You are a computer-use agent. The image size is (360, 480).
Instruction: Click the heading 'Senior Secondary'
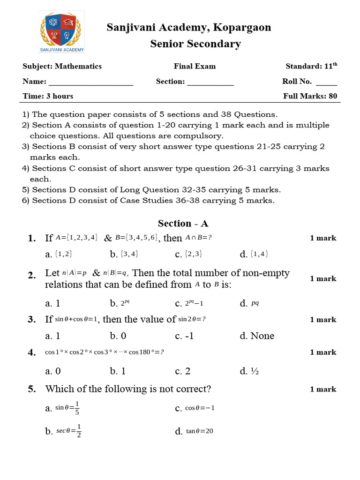point(195,44)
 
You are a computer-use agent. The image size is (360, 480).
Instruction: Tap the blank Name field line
point(91,83)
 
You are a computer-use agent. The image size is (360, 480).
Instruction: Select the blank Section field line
point(210,83)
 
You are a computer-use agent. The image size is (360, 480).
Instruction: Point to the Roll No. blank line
point(326,83)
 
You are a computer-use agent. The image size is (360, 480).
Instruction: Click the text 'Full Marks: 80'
point(310,96)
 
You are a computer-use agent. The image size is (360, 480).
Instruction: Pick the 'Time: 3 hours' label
point(48,96)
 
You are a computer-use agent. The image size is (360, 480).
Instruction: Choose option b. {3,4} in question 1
point(124,254)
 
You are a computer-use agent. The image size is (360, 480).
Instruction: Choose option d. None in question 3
point(256,336)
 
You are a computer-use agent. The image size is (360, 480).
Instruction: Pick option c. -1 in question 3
point(185,336)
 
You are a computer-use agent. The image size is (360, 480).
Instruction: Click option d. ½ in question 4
point(250,371)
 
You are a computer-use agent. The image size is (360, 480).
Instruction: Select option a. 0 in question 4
point(53,371)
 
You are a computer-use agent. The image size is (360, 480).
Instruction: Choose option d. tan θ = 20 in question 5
point(194,431)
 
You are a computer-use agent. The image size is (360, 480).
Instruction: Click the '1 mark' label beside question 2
point(323,278)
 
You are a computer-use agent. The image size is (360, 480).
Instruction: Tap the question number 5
point(32,389)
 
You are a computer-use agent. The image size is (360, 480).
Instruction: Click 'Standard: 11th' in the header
point(311,66)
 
